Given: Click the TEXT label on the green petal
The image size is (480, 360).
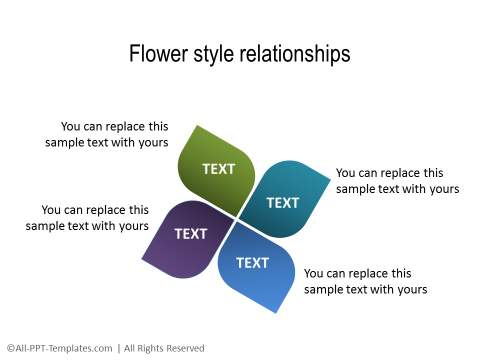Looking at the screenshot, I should tap(218, 169).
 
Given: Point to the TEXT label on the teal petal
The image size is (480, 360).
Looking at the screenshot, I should tap(282, 202).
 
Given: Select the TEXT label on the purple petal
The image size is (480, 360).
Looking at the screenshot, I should tap(190, 234).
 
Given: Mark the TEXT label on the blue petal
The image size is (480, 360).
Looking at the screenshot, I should tap(252, 263).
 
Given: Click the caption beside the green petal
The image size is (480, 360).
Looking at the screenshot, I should tap(107, 135).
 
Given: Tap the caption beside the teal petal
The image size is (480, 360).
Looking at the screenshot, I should tap(397, 181).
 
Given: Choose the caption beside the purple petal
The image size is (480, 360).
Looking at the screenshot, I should tap(87, 218).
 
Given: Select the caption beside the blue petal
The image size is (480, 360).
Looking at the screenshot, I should tap(365, 281).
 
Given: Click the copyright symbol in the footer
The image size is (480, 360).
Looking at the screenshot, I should tap(10, 348).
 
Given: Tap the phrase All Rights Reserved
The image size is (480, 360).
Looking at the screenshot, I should tap(164, 348).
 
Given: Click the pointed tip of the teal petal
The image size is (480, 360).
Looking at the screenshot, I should tap(328, 180).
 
